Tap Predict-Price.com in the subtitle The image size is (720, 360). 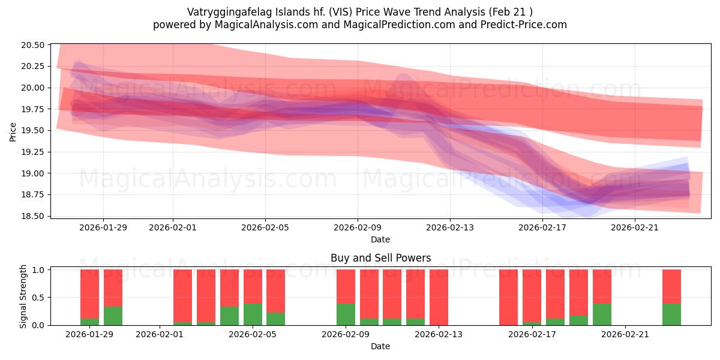(x=526, y=25)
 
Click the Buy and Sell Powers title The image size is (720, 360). (x=380, y=259)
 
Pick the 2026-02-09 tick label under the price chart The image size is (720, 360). (x=358, y=227)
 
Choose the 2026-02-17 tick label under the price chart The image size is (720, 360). (x=542, y=227)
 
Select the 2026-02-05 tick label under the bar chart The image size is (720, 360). (x=253, y=335)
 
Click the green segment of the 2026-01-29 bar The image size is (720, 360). (x=89, y=322)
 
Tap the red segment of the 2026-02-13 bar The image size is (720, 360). (x=439, y=297)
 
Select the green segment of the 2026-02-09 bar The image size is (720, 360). (x=346, y=314)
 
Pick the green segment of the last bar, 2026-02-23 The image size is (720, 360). (x=671, y=314)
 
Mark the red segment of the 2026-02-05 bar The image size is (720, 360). (x=253, y=286)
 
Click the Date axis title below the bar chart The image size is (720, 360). (x=380, y=346)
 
